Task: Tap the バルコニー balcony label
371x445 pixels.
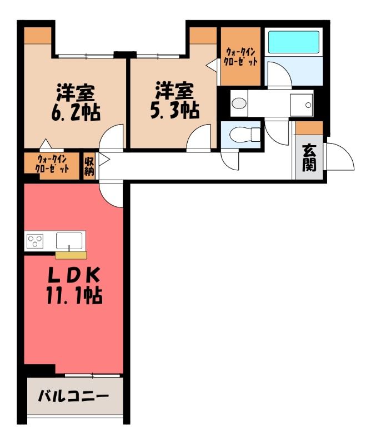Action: point(74,396)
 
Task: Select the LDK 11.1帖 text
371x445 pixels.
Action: point(74,286)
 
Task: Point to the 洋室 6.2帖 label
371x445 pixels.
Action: point(76,102)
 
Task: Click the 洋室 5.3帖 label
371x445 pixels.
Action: point(174,100)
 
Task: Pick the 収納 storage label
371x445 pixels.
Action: point(89,166)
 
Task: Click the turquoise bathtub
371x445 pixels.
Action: point(293,42)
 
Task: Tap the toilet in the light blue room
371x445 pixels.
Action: point(245,134)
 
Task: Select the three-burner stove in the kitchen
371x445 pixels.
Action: point(35,241)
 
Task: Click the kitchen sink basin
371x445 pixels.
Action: point(69,241)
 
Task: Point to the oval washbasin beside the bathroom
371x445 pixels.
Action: point(239,103)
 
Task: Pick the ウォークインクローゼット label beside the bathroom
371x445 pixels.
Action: point(240,57)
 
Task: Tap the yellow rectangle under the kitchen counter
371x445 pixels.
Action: point(71,255)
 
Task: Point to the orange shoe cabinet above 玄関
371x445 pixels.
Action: point(309,128)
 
